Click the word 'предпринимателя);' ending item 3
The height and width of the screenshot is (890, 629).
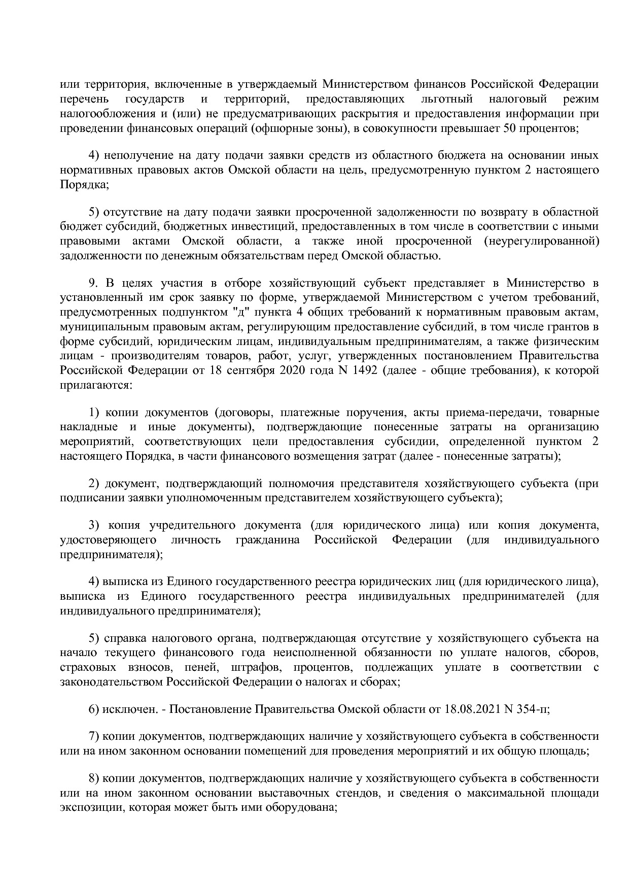112,555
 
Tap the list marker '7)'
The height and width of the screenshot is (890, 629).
94,735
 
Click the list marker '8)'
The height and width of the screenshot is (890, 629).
94,778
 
